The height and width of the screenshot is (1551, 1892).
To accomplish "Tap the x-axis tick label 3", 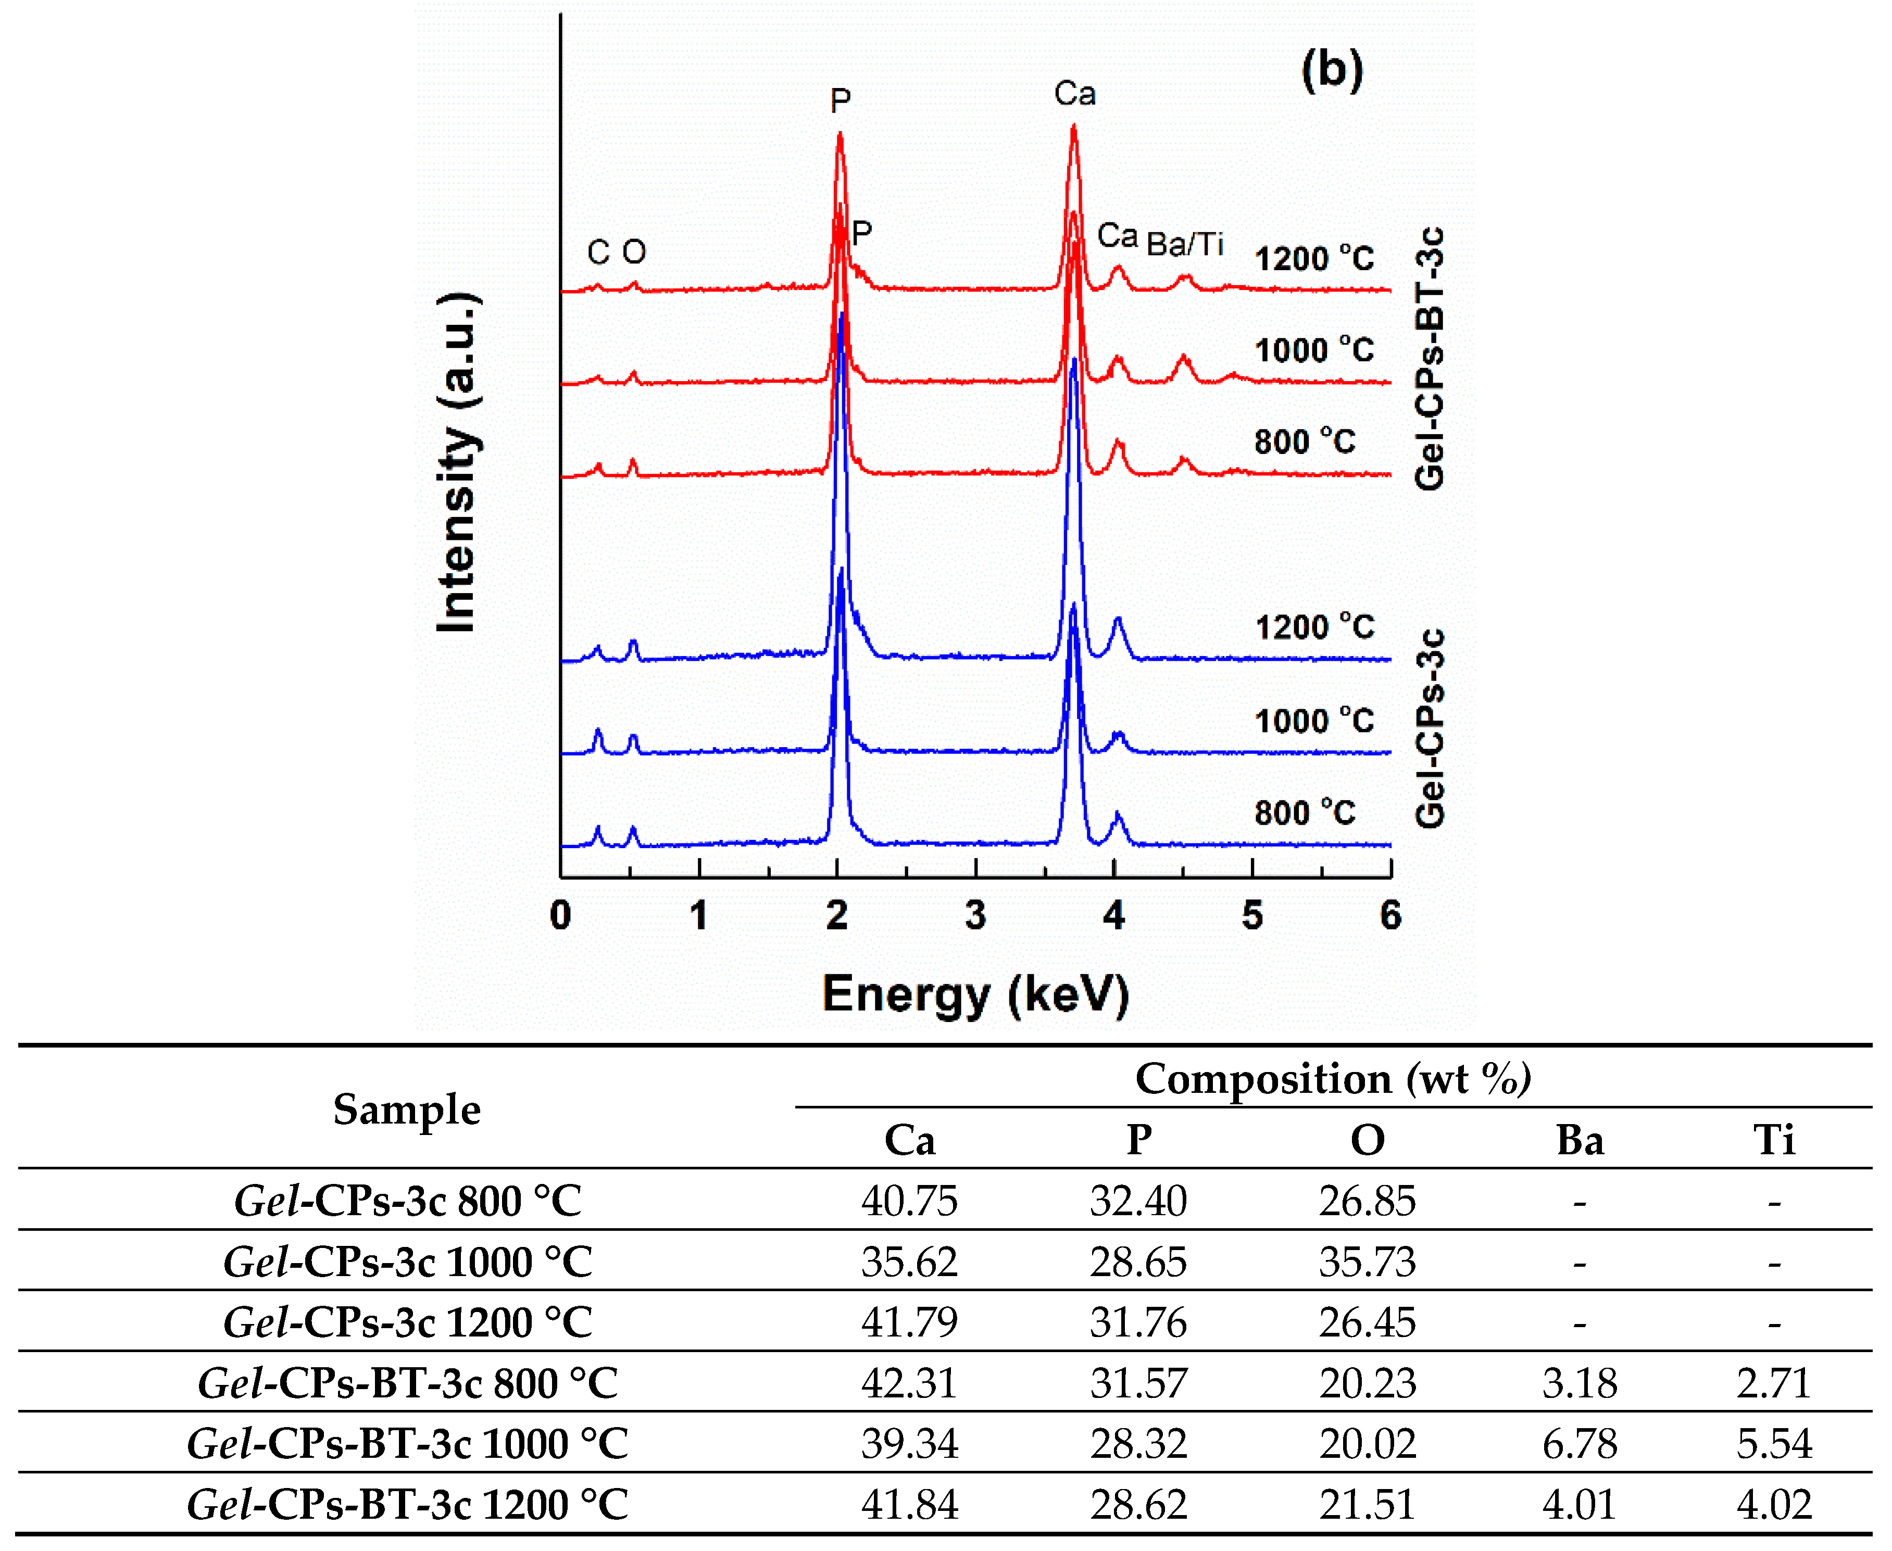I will (x=975, y=916).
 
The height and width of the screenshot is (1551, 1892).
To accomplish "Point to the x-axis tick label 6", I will (x=1390, y=916).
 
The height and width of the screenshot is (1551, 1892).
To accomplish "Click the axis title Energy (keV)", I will (x=975, y=994).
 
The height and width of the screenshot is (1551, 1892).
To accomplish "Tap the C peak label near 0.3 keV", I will (x=598, y=253).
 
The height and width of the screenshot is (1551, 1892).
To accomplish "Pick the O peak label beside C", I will (x=634, y=253).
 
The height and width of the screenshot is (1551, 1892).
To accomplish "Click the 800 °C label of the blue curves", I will (x=1304, y=813).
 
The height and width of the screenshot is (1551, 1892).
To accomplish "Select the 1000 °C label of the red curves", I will (x=1314, y=350).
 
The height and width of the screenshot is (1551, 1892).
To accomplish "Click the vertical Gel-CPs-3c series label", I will (x=1429, y=728).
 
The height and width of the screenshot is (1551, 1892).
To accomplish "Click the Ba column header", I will (x=1579, y=1140).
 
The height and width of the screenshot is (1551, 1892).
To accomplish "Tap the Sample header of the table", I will (x=407, y=1109).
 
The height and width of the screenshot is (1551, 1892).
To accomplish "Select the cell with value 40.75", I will (x=909, y=1201).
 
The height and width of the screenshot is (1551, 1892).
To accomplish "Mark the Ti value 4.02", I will (x=1774, y=1505).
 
